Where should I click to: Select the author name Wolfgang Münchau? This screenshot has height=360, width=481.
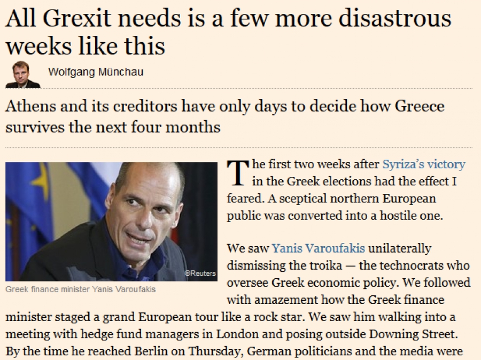(96, 72)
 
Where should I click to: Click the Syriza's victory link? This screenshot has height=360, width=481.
(424, 165)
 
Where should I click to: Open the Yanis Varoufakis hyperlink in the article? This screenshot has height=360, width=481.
(319, 248)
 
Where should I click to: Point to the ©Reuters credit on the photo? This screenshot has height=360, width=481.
(200, 273)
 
